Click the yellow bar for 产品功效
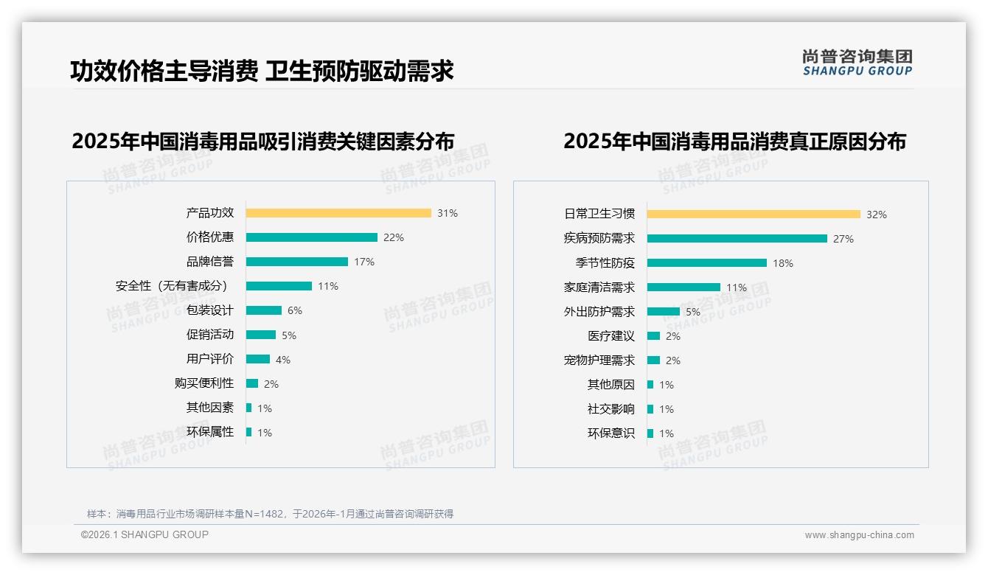point(338,213)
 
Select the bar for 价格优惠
point(311,237)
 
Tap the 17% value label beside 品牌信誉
point(364,262)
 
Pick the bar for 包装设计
point(264,310)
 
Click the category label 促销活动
point(210,335)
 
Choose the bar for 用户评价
point(258,359)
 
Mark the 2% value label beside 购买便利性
point(271,384)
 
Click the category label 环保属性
point(210,432)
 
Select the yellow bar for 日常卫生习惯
point(754,215)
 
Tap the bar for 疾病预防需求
point(737,239)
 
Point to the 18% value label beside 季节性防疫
point(783,263)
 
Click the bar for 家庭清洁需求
point(683,287)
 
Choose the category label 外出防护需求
point(599,312)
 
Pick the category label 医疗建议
point(611,336)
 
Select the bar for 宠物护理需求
point(653,360)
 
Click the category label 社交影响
point(611,409)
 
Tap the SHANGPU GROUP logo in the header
point(857,63)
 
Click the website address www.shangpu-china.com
point(859,535)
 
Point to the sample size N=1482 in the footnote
point(266,514)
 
